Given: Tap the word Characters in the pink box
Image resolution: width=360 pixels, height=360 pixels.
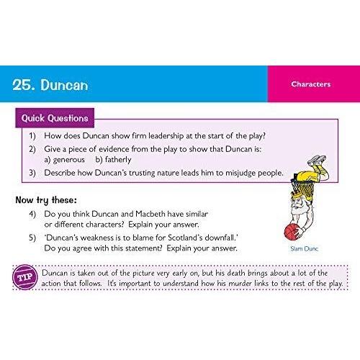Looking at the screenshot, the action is [311, 84].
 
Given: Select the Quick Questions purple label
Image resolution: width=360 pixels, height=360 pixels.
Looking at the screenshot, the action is [55, 118].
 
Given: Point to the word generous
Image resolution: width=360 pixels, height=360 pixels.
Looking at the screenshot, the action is [69, 160].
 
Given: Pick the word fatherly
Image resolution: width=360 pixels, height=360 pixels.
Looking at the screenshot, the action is [118, 160].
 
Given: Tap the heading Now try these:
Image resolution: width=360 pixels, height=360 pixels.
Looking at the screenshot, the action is [46, 200].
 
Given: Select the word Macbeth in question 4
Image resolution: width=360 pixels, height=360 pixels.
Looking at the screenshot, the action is [150, 214].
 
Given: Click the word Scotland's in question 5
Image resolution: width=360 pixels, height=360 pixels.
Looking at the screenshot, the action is [185, 238].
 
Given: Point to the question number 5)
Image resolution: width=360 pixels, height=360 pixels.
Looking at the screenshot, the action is [32, 238].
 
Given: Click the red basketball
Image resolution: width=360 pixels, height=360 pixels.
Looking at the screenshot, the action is [292, 232].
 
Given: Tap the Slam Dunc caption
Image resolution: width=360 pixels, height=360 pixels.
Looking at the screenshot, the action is [304, 248].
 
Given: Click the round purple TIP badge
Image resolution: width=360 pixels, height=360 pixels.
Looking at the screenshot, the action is [25, 277].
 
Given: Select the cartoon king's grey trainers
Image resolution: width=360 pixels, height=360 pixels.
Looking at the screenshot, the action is [317, 160].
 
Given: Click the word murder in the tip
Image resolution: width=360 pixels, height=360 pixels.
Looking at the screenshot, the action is [240, 284].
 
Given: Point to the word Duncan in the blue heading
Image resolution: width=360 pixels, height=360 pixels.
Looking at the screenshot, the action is [64, 85].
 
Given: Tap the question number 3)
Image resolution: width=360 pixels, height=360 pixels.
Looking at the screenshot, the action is [32, 173].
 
